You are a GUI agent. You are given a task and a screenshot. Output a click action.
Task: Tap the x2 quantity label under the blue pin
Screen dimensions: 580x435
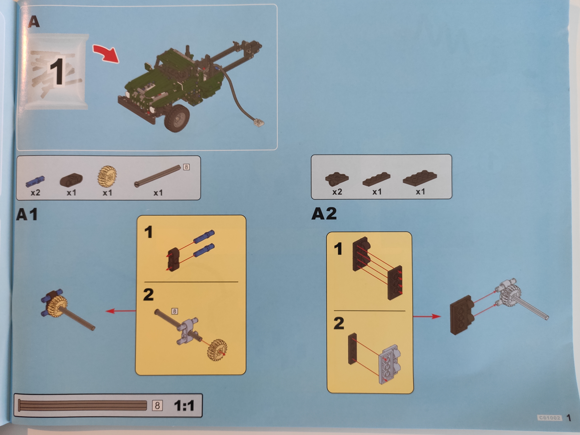(35, 193)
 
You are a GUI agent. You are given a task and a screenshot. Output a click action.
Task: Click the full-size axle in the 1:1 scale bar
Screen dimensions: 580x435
(83, 405)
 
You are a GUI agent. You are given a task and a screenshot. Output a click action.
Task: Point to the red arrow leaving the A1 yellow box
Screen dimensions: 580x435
(121, 311)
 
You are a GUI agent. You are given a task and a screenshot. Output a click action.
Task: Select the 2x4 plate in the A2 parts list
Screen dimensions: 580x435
(420, 178)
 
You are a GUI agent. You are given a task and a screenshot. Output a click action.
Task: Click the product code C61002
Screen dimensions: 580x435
(549, 418)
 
